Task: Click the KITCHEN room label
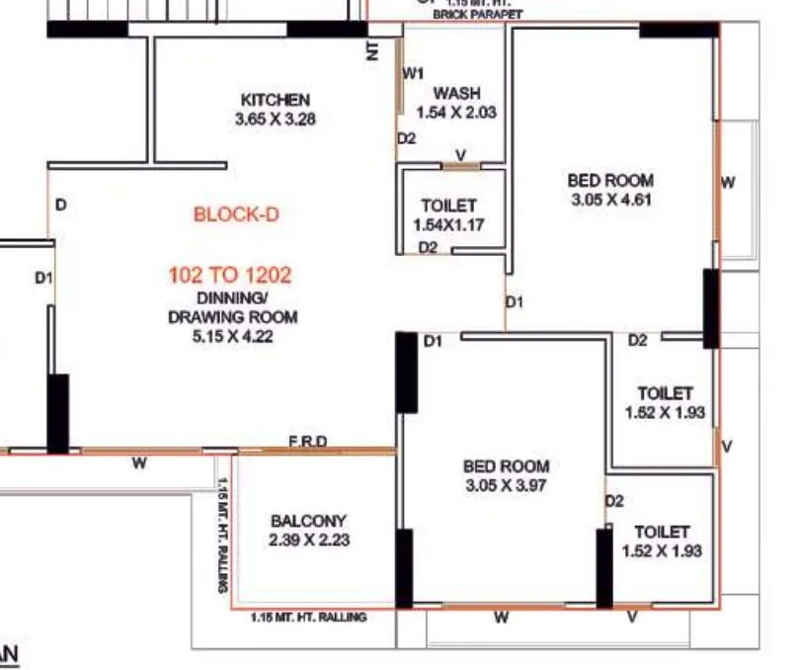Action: point(276,100)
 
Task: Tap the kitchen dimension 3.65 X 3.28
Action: point(276,119)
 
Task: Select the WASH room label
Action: point(456,93)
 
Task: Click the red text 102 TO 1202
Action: point(229,275)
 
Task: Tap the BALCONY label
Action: point(308,521)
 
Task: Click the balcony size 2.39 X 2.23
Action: point(309,540)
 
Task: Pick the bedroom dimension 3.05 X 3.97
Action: point(507,485)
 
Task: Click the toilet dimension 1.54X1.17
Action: point(448,225)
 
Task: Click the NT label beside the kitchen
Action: point(372,51)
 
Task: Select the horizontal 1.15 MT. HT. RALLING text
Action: point(308,617)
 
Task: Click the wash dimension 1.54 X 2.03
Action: point(456,113)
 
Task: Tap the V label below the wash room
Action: point(460,154)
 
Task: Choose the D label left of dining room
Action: point(61,206)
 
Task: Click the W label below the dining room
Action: point(139,462)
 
